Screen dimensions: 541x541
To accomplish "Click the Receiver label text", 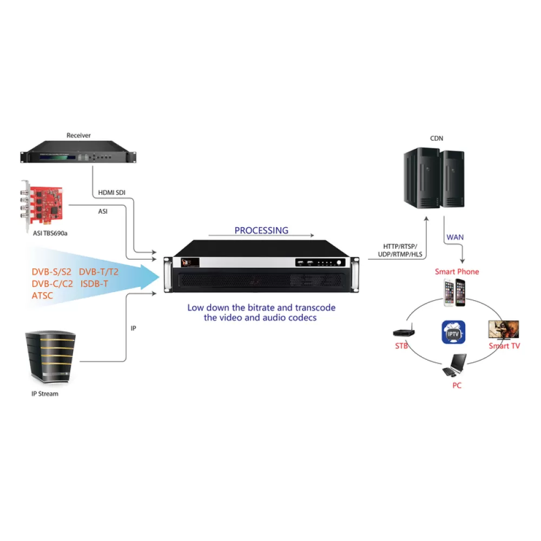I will point(78,135).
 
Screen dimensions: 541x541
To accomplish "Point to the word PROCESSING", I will point(261,230).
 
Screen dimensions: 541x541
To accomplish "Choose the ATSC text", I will point(43,296).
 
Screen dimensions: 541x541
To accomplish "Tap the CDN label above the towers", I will point(437,138).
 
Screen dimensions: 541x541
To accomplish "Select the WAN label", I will point(455,237).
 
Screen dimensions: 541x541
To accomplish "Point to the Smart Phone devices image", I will point(454,293).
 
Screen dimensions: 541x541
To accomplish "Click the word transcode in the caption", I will point(314,308).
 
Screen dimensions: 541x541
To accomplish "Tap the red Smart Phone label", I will point(457,272).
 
